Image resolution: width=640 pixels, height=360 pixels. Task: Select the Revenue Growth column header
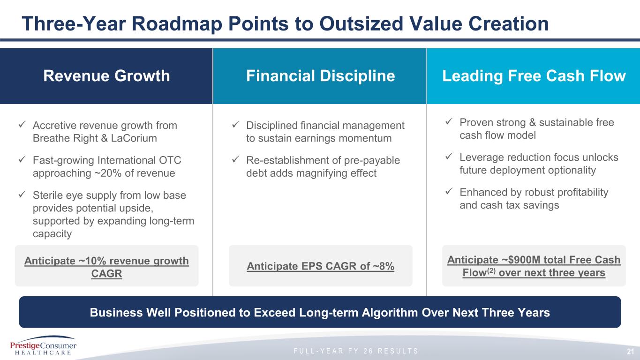(x=106, y=76)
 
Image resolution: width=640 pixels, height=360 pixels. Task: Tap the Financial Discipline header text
(x=321, y=76)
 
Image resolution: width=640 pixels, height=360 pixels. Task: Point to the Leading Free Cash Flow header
(x=534, y=76)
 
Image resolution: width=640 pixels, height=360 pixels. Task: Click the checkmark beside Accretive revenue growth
(x=22, y=124)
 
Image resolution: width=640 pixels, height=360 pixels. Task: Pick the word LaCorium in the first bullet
(x=134, y=138)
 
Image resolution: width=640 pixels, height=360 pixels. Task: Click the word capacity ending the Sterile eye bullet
(x=52, y=234)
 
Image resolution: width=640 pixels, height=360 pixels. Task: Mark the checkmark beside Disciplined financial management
(x=235, y=124)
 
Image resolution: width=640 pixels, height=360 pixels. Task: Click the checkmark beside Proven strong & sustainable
(x=449, y=121)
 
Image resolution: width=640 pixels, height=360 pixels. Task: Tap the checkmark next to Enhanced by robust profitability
(x=449, y=191)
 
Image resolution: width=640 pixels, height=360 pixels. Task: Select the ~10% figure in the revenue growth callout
(x=92, y=261)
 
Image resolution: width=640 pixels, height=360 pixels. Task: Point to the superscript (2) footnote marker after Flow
(x=491, y=270)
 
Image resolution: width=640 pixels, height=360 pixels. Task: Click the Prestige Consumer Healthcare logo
(x=43, y=345)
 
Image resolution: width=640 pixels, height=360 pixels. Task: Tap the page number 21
(x=630, y=352)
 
